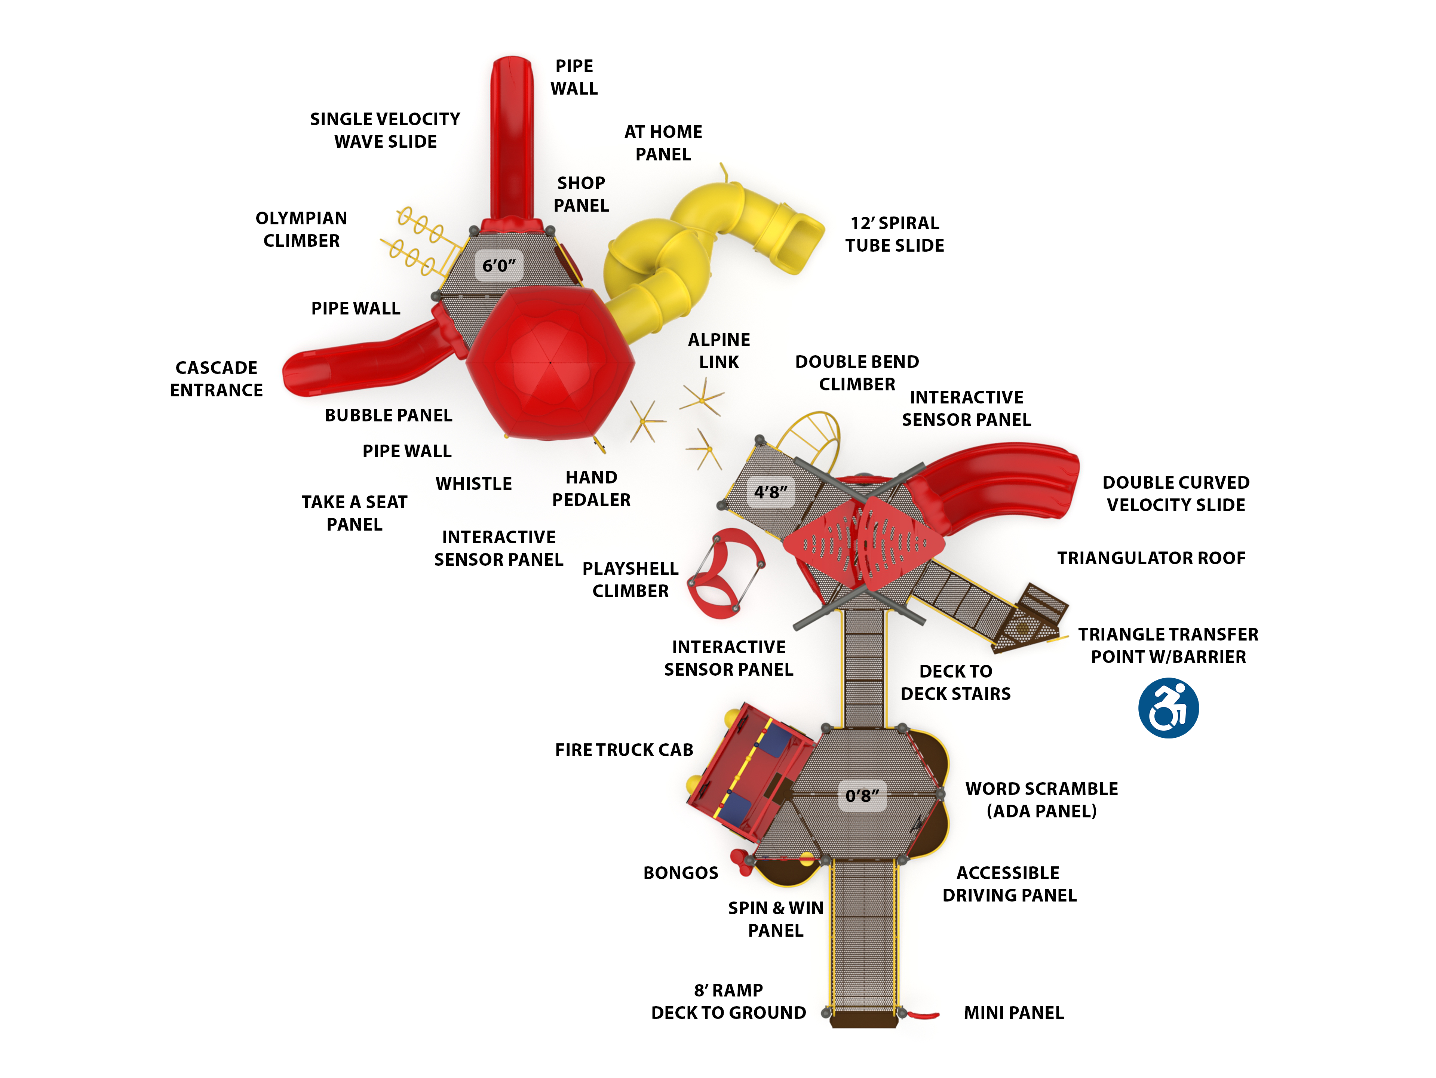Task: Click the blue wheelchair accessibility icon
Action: (1168, 708)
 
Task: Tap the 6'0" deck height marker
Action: (498, 265)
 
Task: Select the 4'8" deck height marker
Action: (771, 492)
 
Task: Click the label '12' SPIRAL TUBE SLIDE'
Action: (895, 234)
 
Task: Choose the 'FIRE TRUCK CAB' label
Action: (624, 750)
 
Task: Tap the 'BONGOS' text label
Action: (680, 873)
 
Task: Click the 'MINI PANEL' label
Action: (1013, 1013)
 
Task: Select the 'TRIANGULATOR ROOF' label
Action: (1151, 558)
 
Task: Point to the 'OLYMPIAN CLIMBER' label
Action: (301, 229)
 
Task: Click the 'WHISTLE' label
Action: (474, 484)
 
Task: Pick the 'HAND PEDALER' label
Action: (591, 489)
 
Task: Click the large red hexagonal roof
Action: (550, 362)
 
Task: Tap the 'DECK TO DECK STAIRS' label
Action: (955, 683)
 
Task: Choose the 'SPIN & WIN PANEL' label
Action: (776, 919)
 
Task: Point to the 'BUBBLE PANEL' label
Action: (388, 415)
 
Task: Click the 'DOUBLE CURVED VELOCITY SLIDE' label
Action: (1176, 494)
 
